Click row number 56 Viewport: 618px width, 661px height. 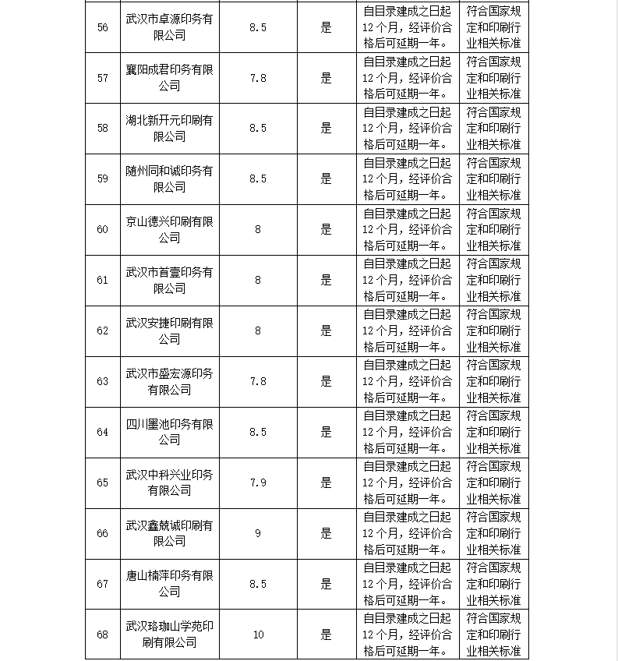tap(103, 27)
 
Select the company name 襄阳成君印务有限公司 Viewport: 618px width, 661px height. tap(169, 78)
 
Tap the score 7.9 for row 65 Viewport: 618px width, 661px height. tap(258, 482)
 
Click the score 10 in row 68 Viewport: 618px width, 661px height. tap(258, 634)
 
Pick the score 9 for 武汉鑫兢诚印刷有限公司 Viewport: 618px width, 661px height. tap(258, 533)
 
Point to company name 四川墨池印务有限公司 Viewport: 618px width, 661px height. tap(169, 432)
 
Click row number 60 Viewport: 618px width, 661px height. tap(103, 229)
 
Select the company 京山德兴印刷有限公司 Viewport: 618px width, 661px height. tap(169, 229)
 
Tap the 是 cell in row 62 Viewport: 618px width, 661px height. tap(327, 330)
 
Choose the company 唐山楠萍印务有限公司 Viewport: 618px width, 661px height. tap(169, 584)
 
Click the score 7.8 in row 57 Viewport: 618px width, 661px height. tap(258, 78)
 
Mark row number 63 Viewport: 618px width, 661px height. tap(103, 381)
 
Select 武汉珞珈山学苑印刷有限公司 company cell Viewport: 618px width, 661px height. tap(169, 634)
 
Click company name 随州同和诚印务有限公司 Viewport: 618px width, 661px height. tap(169, 179)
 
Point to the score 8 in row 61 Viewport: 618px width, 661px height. tap(258, 280)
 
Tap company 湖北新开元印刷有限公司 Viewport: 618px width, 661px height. tap(169, 128)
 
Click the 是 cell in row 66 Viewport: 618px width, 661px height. tap(327, 533)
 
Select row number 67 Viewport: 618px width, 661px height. tap(103, 584)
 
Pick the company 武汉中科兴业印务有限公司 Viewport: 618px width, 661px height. tap(169, 482)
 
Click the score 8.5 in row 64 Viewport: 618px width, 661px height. tap(258, 432)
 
